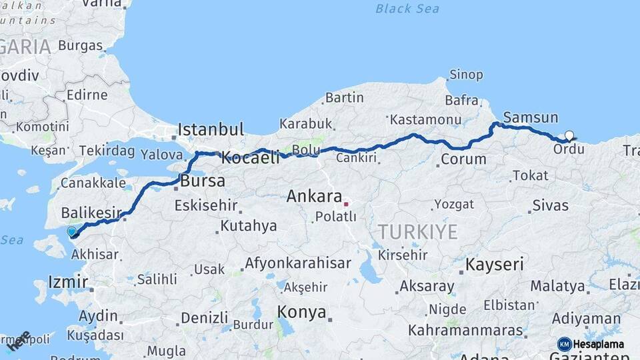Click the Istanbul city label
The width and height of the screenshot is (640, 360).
(211, 129)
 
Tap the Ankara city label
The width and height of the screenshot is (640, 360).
(314, 196)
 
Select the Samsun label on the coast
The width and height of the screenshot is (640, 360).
(531, 118)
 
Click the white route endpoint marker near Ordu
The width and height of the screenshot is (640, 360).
(569, 135)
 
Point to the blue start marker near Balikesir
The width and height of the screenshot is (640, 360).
(71, 231)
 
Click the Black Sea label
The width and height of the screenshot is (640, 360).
(407, 9)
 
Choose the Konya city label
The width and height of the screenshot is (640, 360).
(302, 312)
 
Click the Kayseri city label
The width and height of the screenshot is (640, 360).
(495, 265)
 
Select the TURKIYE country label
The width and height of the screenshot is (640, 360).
(418, 232)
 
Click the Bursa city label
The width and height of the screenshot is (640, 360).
(203, 181)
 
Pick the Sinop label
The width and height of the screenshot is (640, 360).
(466, 75)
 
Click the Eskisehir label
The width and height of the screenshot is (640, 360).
(206, 205)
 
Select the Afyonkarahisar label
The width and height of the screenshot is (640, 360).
(297, 263)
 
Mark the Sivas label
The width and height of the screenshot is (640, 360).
(551, 205)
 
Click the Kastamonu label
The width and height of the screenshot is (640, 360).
(426, 120)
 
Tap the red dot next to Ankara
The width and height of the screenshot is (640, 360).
(346, 203)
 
